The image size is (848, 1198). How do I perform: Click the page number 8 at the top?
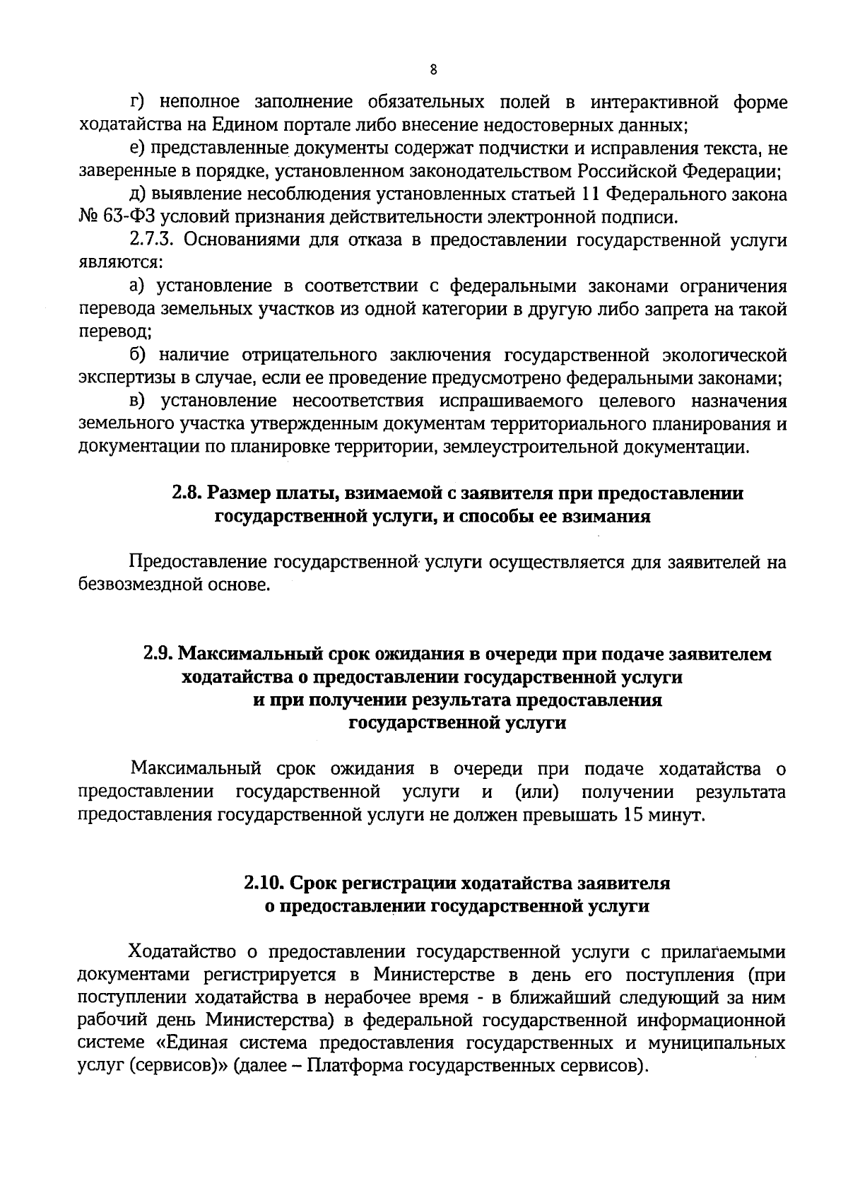tap(433, 69)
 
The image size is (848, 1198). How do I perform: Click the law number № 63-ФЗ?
tap(106, 216)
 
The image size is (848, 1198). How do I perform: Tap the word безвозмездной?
tap(139, 585)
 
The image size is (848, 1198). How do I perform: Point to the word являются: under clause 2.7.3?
tap(121, 263)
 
